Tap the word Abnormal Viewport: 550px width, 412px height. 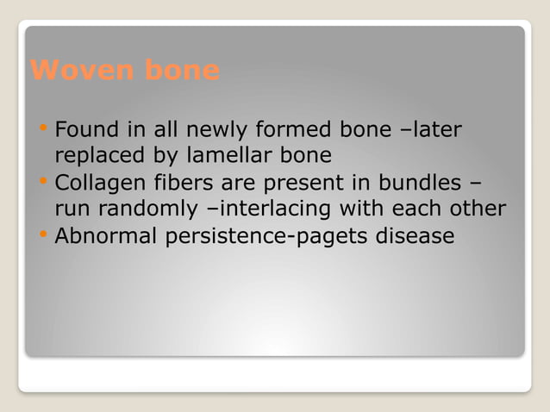click(100, 235)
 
